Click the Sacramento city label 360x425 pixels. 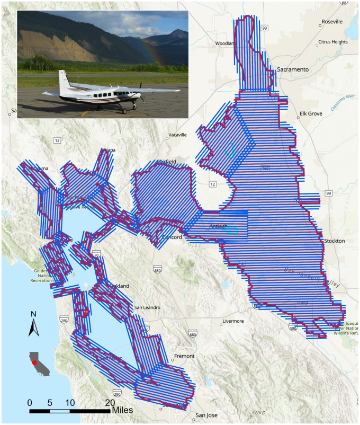(293, 69)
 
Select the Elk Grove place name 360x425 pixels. (311, 113)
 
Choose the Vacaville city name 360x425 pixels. (177, 135)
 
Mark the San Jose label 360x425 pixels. (206, 415)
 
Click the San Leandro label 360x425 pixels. (147, 307)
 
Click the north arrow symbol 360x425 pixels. (33, 324)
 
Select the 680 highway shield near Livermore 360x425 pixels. (192, 334)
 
